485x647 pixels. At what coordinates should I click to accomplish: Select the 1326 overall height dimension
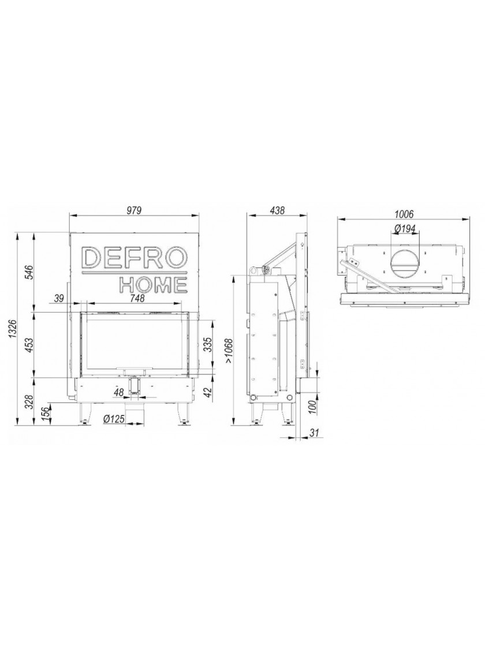click(x=12, y=329)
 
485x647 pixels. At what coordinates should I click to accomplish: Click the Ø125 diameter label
click(x=114, y=419)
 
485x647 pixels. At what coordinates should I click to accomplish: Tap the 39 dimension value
click(x=59, y=298)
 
